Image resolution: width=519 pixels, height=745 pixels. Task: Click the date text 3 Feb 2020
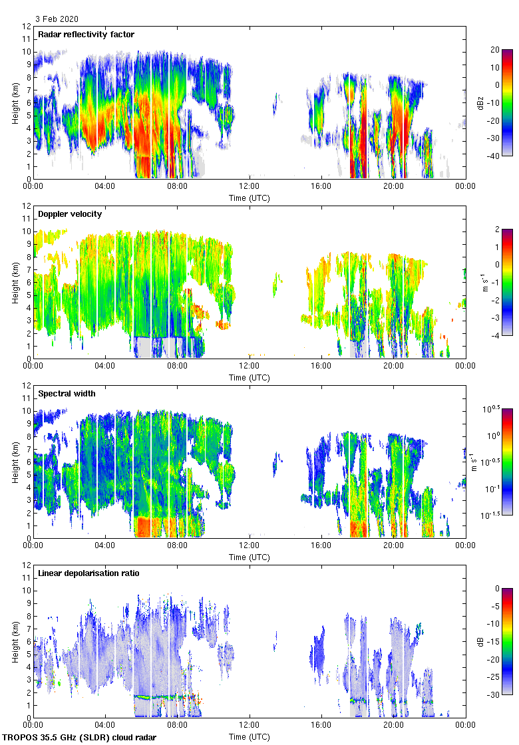pyautogui.click(x=57, y=19)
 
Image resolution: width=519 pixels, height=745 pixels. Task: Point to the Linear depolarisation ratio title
pyautogui.click(x=88, y=573)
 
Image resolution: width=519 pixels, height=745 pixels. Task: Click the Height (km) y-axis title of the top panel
pyautogui.click(x=15, y=102)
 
